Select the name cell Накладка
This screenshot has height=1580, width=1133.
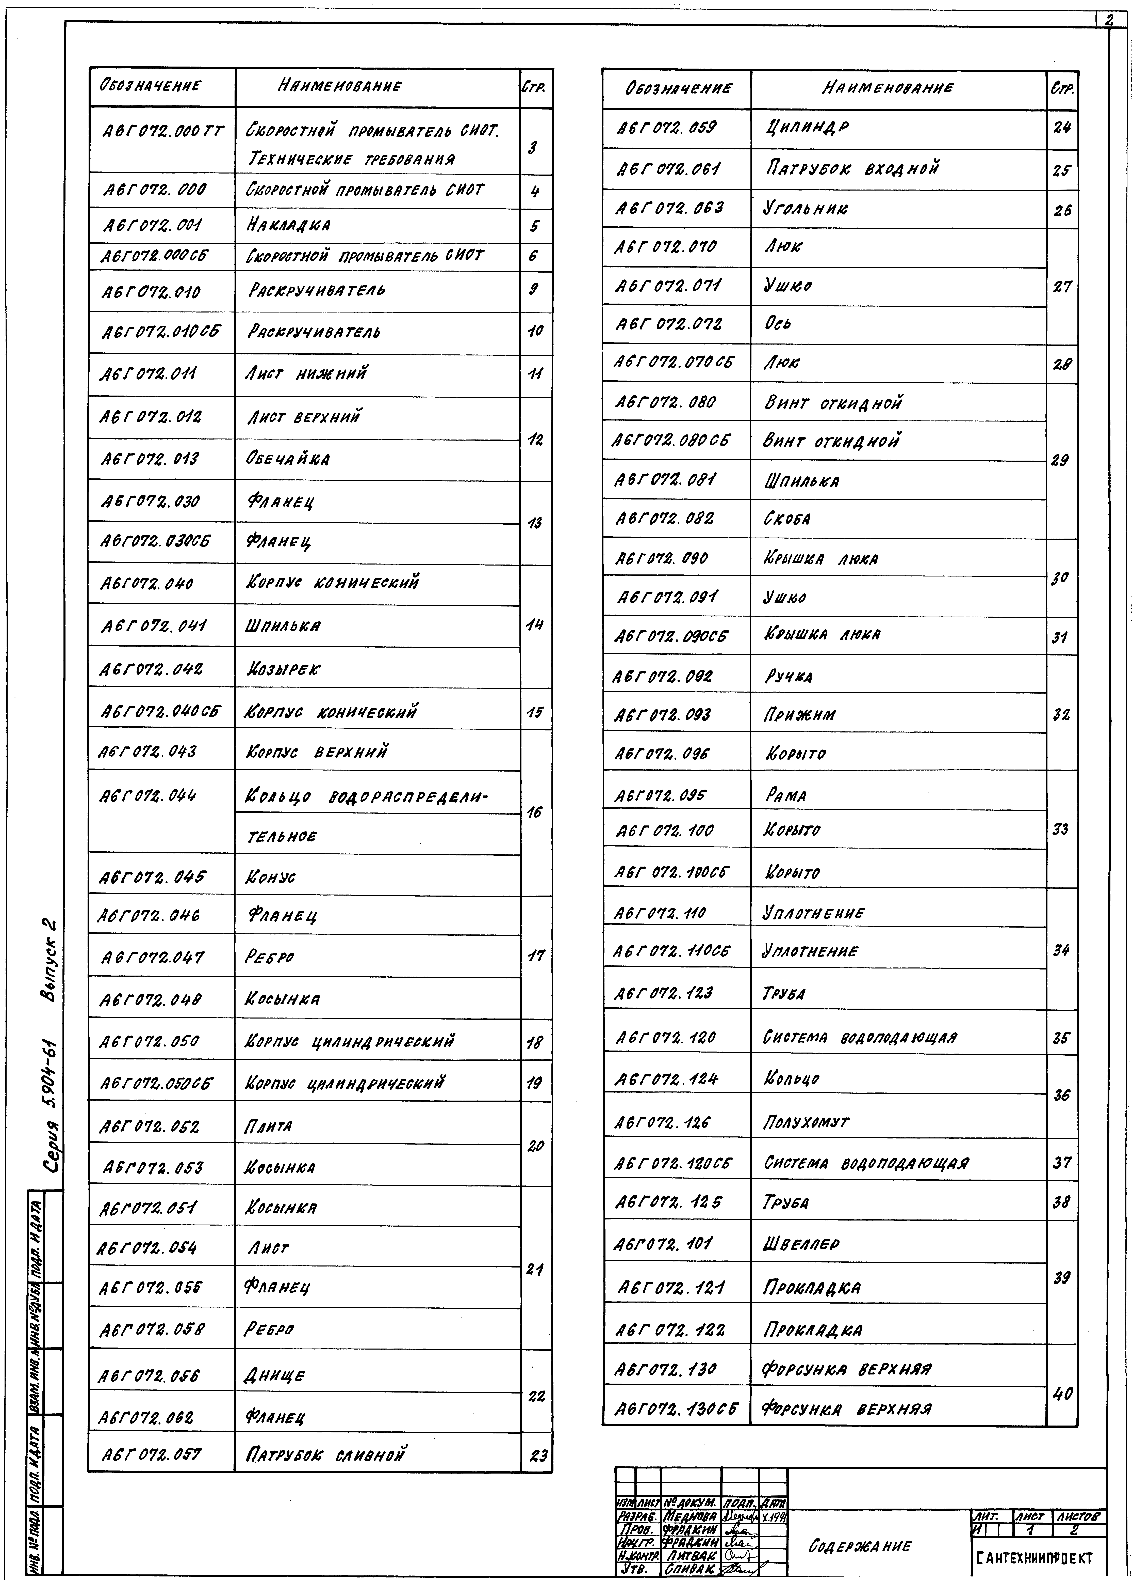288,225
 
